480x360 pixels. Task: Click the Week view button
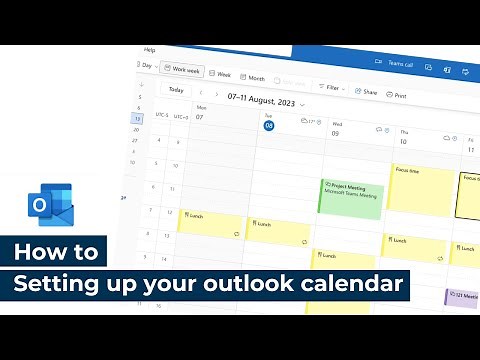(x=221, y=74)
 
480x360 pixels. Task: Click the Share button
(x=366, y=91)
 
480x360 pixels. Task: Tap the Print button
(x=397, y=95)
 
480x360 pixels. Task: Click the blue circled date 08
(x=268, y=124)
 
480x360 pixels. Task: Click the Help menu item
(x=149, y=49)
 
